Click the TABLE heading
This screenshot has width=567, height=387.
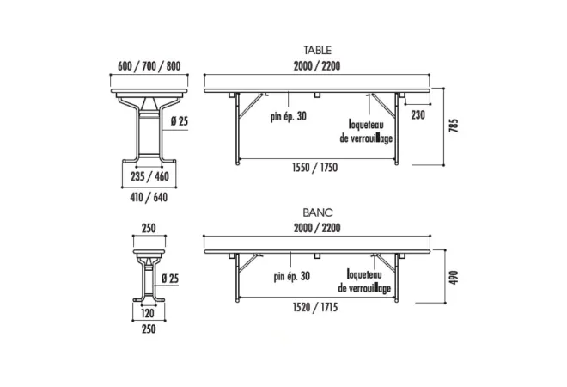tap(317, 50)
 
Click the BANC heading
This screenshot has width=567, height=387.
tap(318, 212)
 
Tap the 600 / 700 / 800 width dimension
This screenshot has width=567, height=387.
tap(149, 66)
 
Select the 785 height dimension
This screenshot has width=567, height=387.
tap(454, 126)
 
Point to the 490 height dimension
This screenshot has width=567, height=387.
tap(454, 277)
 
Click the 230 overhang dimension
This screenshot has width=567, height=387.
tap(418, 115)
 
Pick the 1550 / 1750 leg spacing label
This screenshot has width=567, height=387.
tap(314, 168)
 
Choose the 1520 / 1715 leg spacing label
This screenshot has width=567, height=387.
tap(315, 307)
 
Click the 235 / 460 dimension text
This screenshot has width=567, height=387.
tap(149, 176)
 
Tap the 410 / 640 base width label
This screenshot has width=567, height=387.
tap(149, 197)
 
